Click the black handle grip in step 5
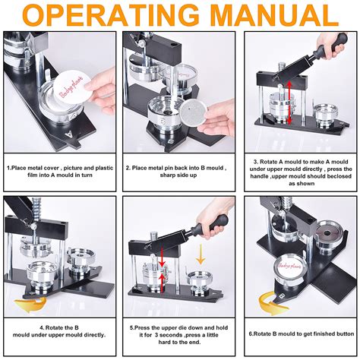(x=212, y=222)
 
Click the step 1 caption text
(x=59, y=172)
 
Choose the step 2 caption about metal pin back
(x=179, y=172)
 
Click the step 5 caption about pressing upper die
(x=179, y=332)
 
